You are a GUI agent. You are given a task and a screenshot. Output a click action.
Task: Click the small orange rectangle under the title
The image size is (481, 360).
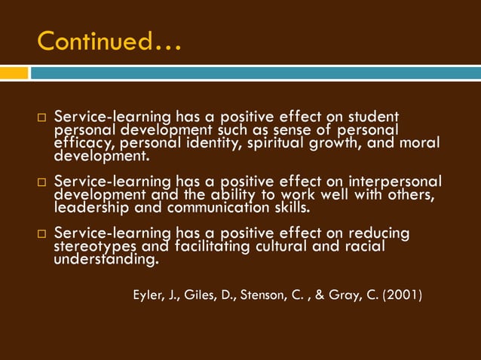pyautogui.click(x=14, y=73)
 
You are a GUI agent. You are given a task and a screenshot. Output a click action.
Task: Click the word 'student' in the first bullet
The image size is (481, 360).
pyautogui.click(x=370, y=117)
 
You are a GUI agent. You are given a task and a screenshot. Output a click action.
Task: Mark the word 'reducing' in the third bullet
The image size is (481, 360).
pyautogui.click(x=375, y=233)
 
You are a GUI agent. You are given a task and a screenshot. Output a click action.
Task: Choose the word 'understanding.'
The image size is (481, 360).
pyautogui.click(x=107, y=261)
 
